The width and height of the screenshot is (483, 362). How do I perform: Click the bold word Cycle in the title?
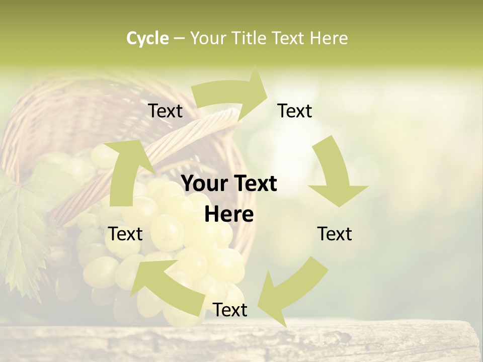tap(147, 38)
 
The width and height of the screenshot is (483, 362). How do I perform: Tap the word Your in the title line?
tap(208, 38)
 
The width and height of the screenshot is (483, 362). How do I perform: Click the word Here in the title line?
tap(329, 38)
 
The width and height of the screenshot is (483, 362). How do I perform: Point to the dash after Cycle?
tap(179, 39)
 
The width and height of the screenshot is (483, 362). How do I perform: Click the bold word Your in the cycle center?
tap(203, 184)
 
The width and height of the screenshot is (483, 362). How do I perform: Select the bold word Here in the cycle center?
tap(229, 215)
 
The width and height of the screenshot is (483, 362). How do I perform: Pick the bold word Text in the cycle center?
tap(256, 184)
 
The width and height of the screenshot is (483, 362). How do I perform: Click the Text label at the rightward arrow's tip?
tap(295, 111)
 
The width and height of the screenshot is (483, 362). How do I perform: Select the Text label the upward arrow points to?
tap(165, 111)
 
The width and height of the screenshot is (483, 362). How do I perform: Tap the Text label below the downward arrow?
tap(335, 234)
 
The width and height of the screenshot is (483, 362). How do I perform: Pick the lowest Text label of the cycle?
tap(230, 310)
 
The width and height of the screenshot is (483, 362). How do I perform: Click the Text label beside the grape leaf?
tap(125, 234)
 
